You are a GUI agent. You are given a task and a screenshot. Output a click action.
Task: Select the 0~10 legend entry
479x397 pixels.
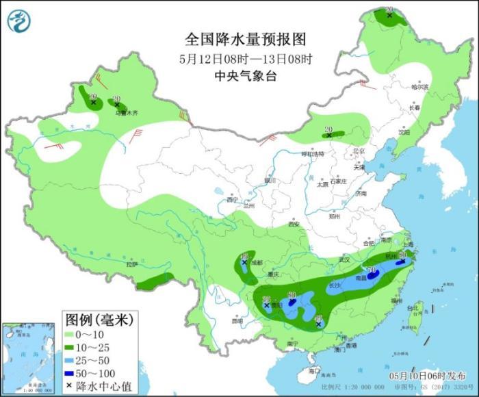tap(88, 334)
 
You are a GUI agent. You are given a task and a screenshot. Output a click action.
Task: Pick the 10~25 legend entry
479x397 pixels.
tap(88, 347)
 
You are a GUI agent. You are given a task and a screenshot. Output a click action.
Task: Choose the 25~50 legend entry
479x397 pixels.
tap(88, 360)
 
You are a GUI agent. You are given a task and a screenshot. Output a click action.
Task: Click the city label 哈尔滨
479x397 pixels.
tap(419, 88)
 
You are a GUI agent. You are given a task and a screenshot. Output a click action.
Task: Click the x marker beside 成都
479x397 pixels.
tap(244, 263)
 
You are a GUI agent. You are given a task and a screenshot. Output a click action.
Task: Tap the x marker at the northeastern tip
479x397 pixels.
tap(389, 14)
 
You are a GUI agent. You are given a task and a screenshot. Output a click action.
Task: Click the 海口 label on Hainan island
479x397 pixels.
tap(313, 370)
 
